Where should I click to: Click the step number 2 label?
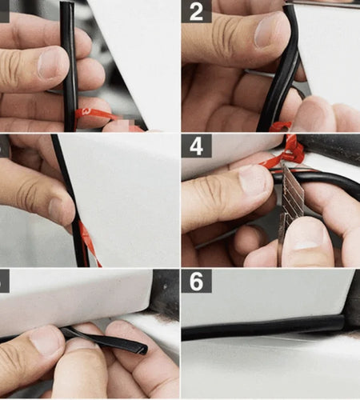[x=195, y=10]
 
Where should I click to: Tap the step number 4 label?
[x=195, y=146]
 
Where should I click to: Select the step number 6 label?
[x=195, y=281]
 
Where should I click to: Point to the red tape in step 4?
[x=290, y=152]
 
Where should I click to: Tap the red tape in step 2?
[x=280, y=126]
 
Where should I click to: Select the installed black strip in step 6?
[x=256, y=327]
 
